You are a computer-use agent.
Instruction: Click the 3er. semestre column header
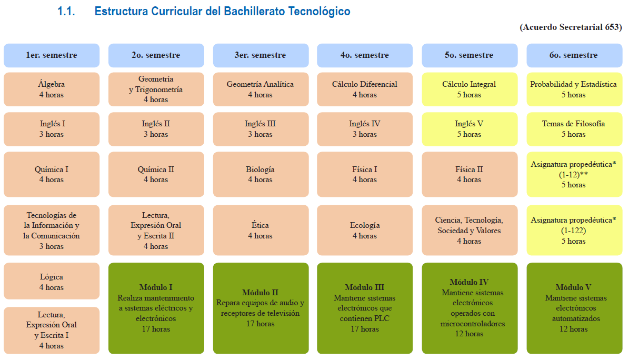pos(261,55)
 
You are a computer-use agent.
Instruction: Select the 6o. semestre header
pos(574,55)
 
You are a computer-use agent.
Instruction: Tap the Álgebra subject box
pos(52,89)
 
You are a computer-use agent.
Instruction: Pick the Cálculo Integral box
pos(470,89)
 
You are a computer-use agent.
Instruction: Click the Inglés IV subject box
pos(365,129)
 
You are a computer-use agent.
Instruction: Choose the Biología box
pos(261,174)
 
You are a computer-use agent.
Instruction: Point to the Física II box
pos(470,174)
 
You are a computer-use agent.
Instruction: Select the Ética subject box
pos(261,230)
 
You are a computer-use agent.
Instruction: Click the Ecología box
pos(365,230)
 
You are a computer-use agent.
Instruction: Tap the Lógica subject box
pos(52,281)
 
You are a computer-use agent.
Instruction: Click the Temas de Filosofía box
pos(574,129)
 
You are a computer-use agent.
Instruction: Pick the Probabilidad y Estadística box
pos(574,89)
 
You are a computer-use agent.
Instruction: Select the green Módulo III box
pos(365,308)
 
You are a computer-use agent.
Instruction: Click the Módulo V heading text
pos(573,287)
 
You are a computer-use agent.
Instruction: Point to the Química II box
pos(156,174)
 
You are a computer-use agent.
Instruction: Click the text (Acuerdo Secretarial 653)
pos(571,27)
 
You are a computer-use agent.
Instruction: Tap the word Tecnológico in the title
pos(320,11)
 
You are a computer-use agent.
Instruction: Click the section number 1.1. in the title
pos(66,11)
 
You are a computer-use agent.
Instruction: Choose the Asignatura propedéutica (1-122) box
pos(574,230)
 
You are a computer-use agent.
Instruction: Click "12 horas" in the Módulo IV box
pos(469,334)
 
